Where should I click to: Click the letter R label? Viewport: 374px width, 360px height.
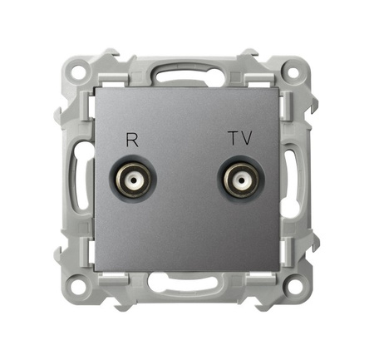tap(130, 140)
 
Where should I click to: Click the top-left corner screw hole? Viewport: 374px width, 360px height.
tap(80, 72)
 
